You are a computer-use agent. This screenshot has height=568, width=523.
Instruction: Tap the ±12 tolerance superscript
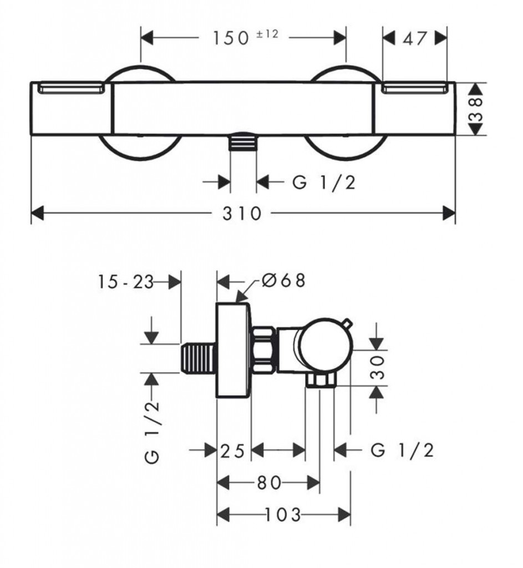tap(267, 34)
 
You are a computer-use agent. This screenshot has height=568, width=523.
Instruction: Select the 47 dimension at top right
tap(415, 38)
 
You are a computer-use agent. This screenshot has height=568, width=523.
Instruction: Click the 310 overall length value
tap(242, 213)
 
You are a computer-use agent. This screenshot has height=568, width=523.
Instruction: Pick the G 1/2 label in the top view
tap(323, 182)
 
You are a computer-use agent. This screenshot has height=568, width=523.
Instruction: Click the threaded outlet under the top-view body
tap(243, 143)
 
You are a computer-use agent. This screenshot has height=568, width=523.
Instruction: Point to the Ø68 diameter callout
tap(283, 281)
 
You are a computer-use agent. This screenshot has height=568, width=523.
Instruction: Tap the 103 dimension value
tap(283, 515)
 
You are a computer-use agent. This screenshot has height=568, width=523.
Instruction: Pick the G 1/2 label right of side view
tap(402, 450)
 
